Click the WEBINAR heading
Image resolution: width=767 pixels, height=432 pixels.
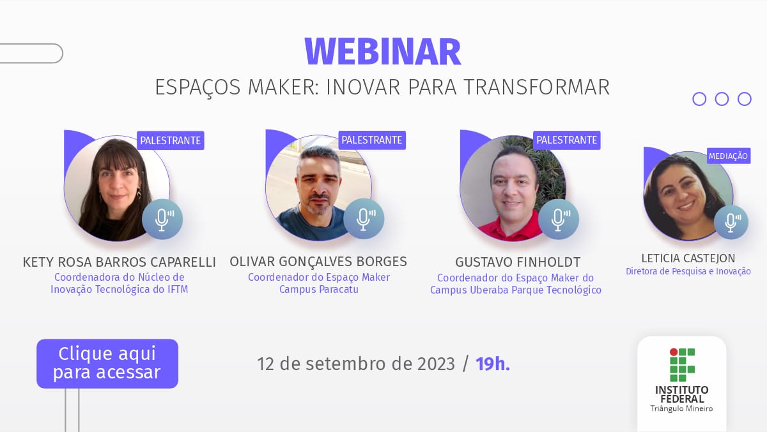(x=383, y=51)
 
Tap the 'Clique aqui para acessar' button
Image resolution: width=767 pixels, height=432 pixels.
(x=107, y=363)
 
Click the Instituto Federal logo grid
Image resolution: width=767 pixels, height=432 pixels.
(x=682, y=364)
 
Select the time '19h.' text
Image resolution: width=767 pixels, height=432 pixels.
(x=493, y=364)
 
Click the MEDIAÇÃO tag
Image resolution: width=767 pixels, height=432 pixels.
(x=728, y=156)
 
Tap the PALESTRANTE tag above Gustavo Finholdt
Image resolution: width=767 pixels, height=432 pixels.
(x=566, y=140)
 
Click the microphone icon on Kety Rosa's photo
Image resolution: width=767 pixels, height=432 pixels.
(x=162, y=219)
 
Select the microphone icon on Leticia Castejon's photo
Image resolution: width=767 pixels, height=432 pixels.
(x=731, y=222)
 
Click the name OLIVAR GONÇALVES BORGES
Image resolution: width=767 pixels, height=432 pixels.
(x=318, y=262)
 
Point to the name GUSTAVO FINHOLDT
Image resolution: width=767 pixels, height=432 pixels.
(x=518, y=262)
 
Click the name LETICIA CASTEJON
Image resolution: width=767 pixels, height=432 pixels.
(x=688, y=258)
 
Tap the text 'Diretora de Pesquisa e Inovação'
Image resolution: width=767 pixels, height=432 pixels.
(x=688, y=271)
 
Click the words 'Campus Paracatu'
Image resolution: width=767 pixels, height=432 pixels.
(x=319, y=289)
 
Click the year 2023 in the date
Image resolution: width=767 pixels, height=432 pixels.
(x=436, y=364)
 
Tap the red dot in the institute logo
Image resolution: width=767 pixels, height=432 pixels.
(x=674, y=352)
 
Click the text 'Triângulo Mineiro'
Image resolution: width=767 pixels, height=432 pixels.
(x=681, y=408)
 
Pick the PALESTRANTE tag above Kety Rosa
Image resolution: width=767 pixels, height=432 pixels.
(x=171, y=140)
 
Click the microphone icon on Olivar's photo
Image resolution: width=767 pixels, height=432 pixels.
(x=364, y=219)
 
